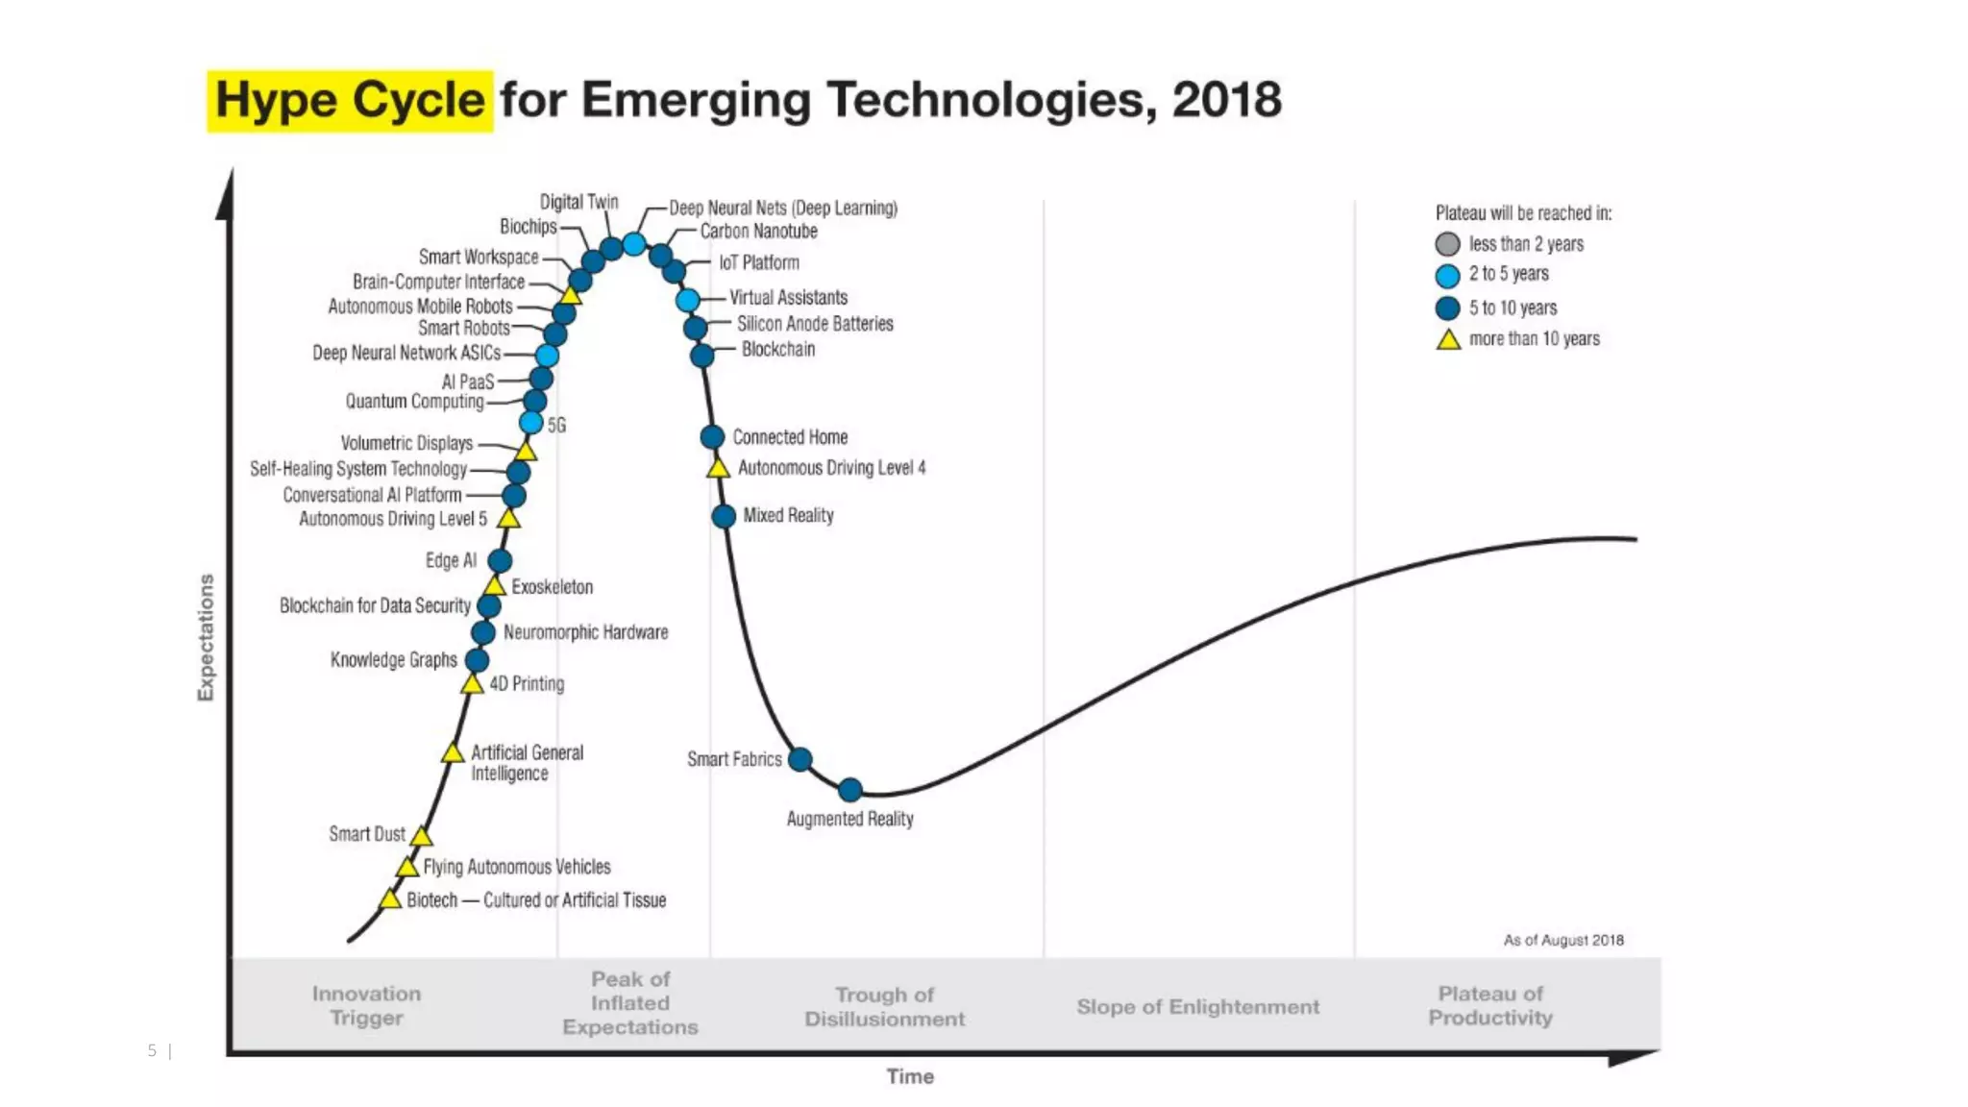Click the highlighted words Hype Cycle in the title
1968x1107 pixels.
[x=350, y=101]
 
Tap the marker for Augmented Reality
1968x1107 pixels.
[x=849, y=790]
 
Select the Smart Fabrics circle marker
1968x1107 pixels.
[x=799, y=760]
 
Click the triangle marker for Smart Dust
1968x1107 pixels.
[x=421, y=836]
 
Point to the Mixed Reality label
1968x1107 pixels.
[x=788, y=516]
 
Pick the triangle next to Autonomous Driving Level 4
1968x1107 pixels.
[x=718, y=469]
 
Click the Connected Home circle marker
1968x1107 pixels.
[x=712, y=437]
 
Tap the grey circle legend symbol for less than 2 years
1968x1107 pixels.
[x=1447, y=244]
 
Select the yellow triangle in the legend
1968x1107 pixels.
[x=1448, y=340]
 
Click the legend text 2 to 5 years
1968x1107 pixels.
[x=1509, y=274]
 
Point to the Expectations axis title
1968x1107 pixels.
[x=206, y=637]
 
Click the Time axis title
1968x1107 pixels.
[x=909, y=1076]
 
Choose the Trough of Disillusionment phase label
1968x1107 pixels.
[x=884, y=1007]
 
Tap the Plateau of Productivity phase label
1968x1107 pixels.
[x=1489, y=1005]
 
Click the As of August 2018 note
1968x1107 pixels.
[x=1563, y=940]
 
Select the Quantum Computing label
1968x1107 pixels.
[x=414, y=402]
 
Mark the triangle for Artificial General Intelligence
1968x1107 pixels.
[x=453, y=753]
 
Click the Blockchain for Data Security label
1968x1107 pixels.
[x=375, y=606]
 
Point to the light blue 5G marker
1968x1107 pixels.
[x=530, y=423]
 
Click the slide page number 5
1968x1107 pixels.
[x=152, y=1050]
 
